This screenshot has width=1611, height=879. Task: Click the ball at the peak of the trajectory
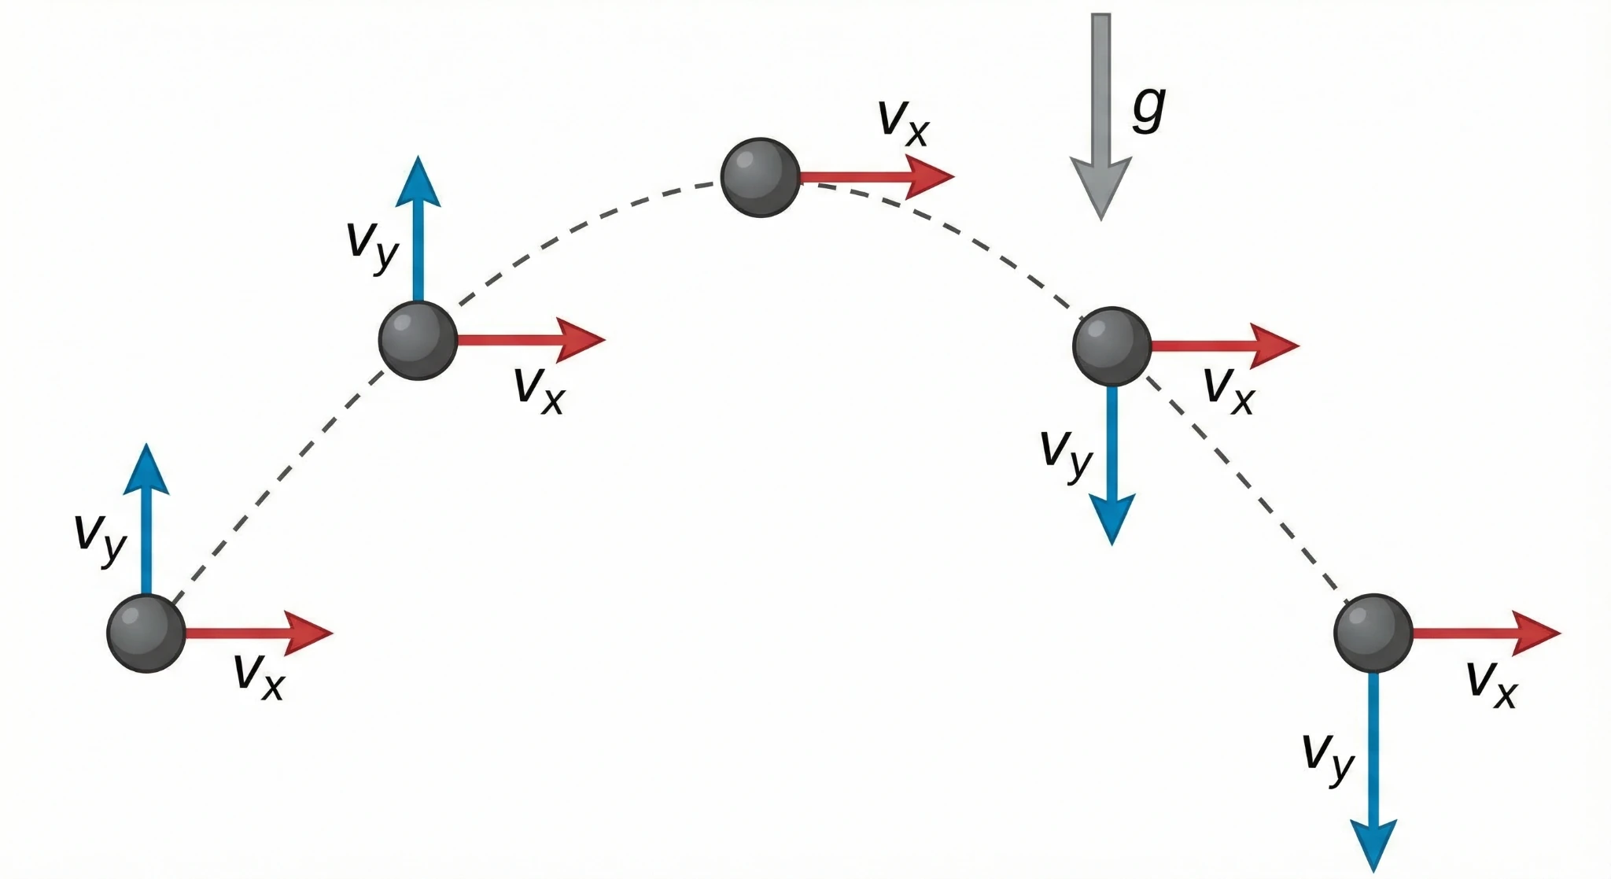pyautogui.click(x=760, y=177)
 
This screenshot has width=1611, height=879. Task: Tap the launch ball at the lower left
pyautogui.click(x=146, y=633)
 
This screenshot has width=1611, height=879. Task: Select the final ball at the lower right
pyautogui.click(x=1373, y=633)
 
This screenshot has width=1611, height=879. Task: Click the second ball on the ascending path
pyautogui.click(x=418, y=340)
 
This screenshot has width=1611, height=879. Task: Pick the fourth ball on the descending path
pyautogui.click(x=1111, y=346)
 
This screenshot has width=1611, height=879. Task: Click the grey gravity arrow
pyautogui.click(x=1100, y=118)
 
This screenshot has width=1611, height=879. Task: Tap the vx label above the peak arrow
pyautogui.click(x=903, y=122)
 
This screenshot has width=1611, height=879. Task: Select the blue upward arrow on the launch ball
pyautogui.click(x=146, y=519)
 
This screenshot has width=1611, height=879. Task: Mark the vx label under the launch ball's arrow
pyautogui.click(x=259, y=675)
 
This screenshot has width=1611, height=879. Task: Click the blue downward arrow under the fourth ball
pyautogui.click(x=1111, y=464)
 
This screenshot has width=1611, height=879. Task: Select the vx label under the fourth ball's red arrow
pyautogui.click(x=1229, y=389)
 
